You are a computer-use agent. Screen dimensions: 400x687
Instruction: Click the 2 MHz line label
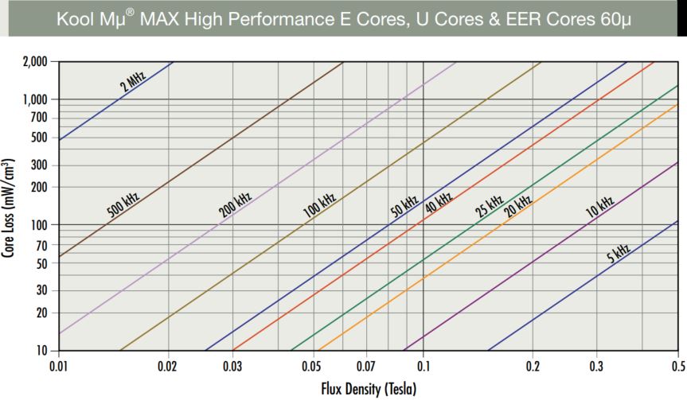pyautogui.click(x=133, y=82)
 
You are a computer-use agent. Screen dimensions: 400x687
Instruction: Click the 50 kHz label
pyautogui.click(x=404, y=206)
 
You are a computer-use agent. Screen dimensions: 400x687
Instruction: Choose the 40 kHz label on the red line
pyautogui.click(x=438, y=204)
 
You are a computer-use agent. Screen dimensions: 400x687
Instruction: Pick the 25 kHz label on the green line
pyautogui.click(x=489, y=206)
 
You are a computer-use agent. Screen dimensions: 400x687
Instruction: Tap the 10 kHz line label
pyautogui.click(x=599, y=206)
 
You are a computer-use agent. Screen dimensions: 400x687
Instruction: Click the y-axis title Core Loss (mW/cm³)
pyautogui.click(x=10, y=206)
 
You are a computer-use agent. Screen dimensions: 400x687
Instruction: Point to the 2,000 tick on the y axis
pyautogui.click(x=37, y=61)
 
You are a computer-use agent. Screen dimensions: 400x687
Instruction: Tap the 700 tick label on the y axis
pyautogui.click(x=40, y=118)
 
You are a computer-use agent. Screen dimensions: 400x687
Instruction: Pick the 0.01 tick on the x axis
pyautogui.click(x=59, y=366)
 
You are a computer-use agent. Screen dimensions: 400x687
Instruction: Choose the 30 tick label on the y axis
pyautogui.click(x=43, y=290)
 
